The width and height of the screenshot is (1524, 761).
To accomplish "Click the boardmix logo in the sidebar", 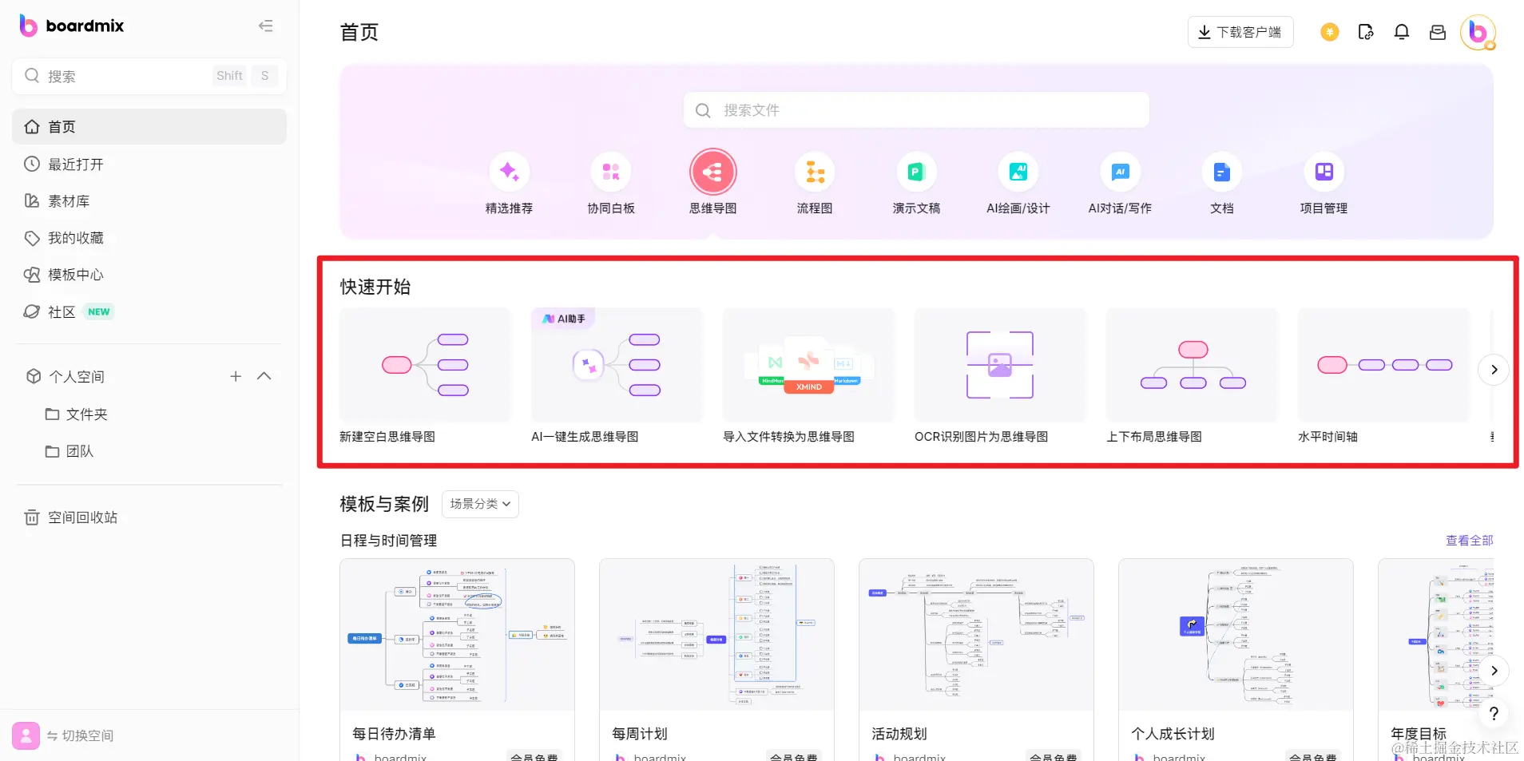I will [71, 26].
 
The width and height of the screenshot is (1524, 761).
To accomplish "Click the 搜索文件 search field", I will [915, 110].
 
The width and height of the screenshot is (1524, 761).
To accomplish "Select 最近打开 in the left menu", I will [75, 164].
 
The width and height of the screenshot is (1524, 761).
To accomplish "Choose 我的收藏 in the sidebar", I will [75, 238].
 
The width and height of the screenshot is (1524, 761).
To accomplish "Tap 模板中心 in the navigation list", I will [75, 275].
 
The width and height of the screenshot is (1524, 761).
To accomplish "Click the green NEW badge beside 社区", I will [99, 312].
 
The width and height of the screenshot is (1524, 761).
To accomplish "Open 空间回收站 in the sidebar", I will [81, 517].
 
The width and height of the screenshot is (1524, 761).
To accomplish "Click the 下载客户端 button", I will [1240, 32].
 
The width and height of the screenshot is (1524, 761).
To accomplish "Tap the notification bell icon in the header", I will [1401, 32].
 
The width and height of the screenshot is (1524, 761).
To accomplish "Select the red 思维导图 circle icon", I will [712, 172].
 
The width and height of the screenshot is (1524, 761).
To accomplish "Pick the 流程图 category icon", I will [814, 172].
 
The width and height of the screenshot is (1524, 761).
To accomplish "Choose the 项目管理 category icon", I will [1324, 172].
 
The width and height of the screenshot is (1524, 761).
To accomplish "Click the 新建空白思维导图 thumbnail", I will [425, 365].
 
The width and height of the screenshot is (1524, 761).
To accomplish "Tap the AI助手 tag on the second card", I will [564, 319].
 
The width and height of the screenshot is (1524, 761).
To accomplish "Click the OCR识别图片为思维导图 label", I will [981, 437].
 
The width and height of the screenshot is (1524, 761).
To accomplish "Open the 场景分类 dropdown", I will [480, 504].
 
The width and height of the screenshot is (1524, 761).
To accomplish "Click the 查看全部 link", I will [1469, 541].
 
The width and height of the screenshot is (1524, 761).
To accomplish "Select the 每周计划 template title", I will [640, 734].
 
